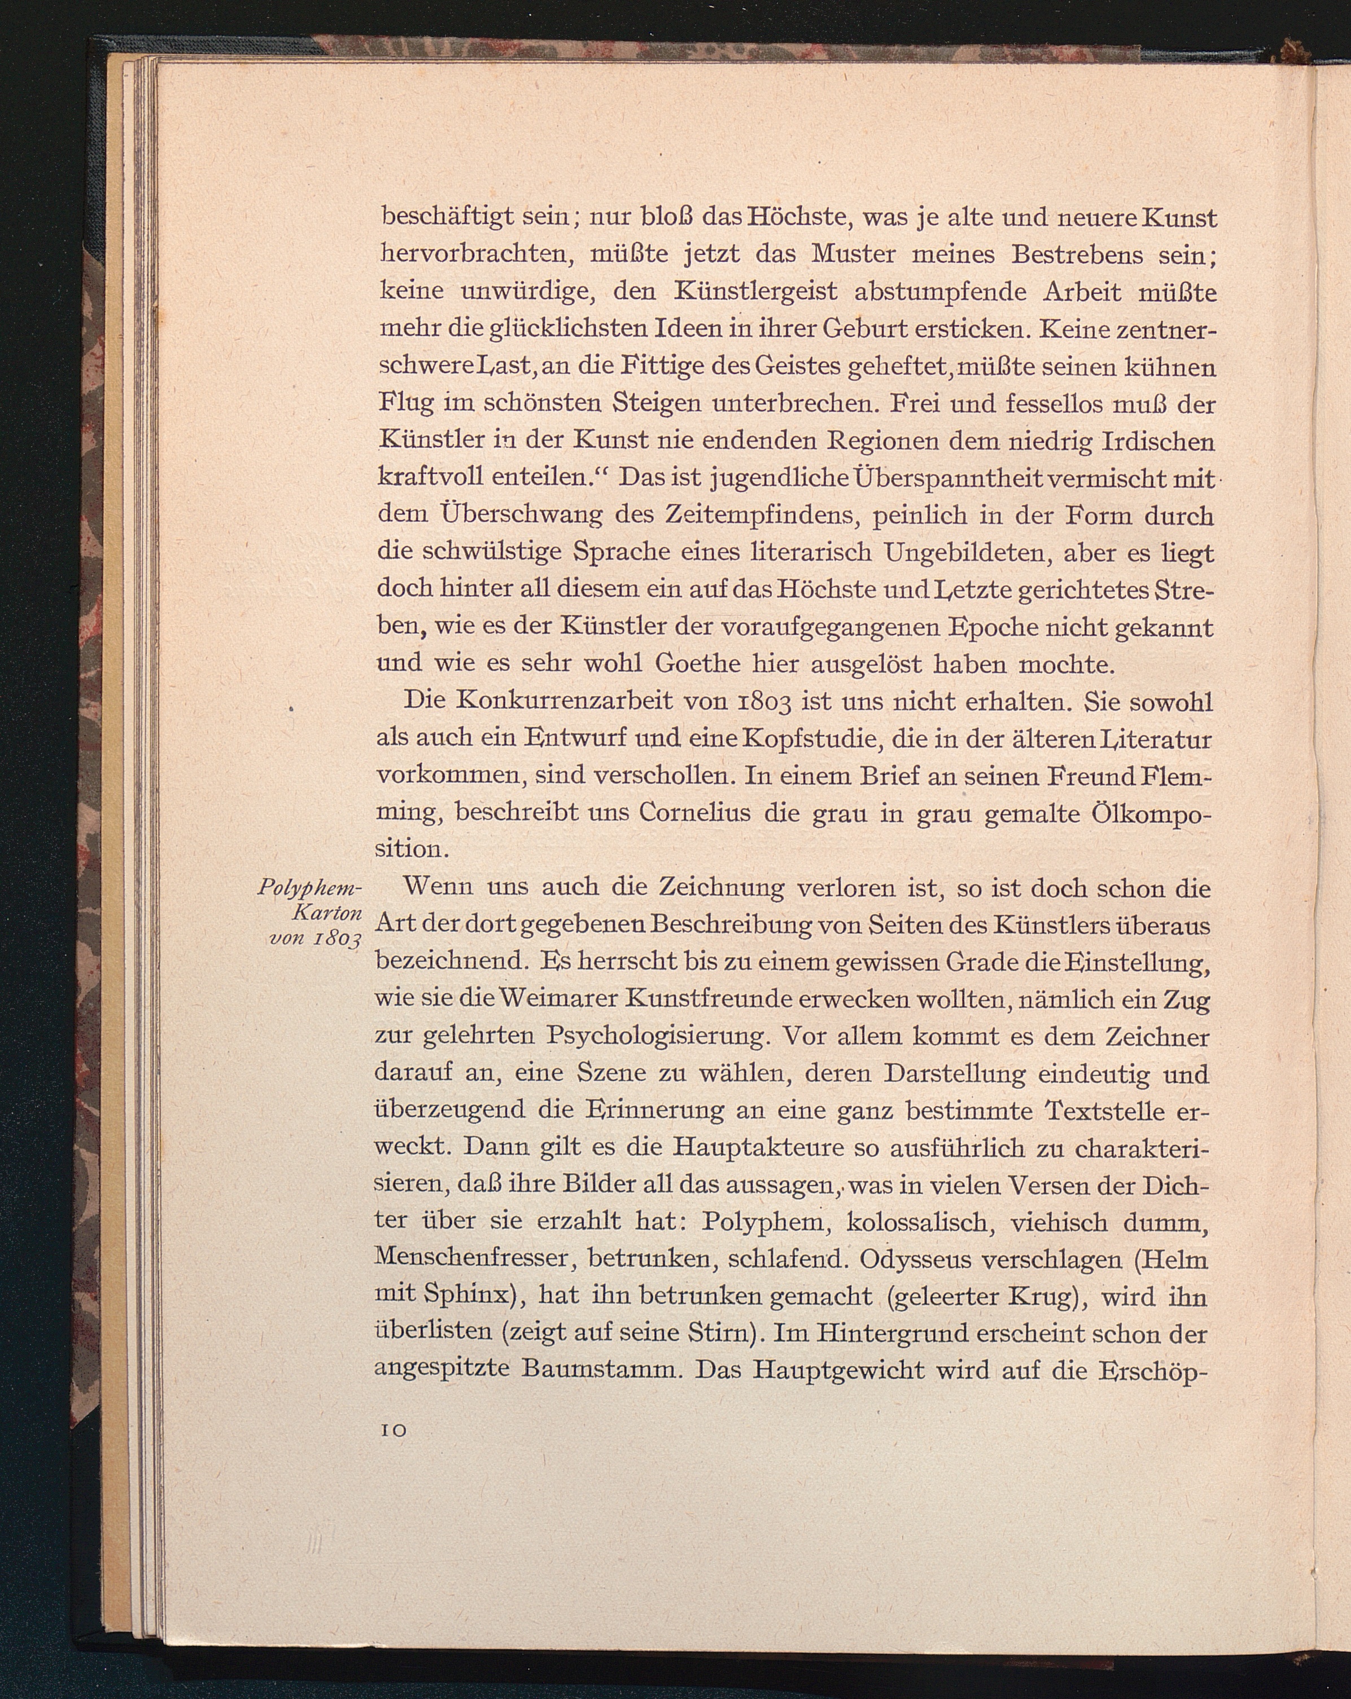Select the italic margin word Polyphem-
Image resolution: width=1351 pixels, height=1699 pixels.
[309, 888]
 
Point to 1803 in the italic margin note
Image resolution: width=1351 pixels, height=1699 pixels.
[336, 940]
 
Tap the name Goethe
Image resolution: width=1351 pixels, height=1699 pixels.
[697, 665]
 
